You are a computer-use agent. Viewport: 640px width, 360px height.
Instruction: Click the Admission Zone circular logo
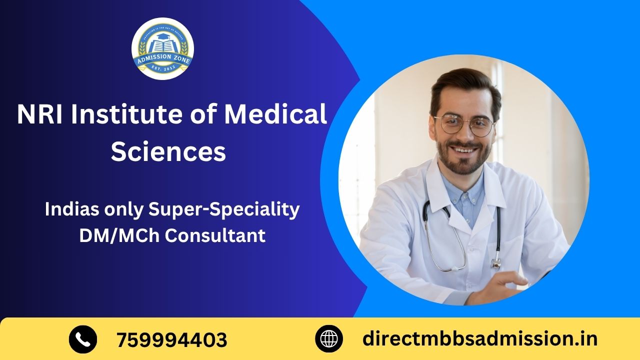162,48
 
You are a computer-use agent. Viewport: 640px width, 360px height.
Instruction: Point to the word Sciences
168,151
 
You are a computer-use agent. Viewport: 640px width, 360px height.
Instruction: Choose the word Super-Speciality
224,209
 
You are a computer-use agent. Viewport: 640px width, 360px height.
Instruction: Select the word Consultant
215,235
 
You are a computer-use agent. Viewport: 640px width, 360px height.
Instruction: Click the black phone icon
83,339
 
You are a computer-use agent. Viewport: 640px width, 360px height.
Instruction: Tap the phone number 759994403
172,340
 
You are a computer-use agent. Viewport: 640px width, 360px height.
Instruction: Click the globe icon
329,339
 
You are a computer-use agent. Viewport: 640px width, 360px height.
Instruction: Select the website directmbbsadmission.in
479,339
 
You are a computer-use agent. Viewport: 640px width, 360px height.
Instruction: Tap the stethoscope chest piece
495,262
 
